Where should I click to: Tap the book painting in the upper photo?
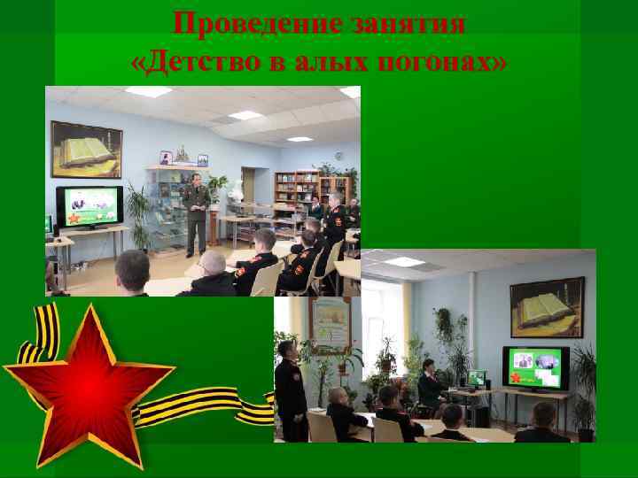click(x=86, y=149)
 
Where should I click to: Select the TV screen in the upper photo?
click(x=89, y=207)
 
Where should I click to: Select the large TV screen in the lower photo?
click(x=535, y=368)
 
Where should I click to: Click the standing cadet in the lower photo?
click(x=290, y=389)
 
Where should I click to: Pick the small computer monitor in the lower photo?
click(x=477, y=378)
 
